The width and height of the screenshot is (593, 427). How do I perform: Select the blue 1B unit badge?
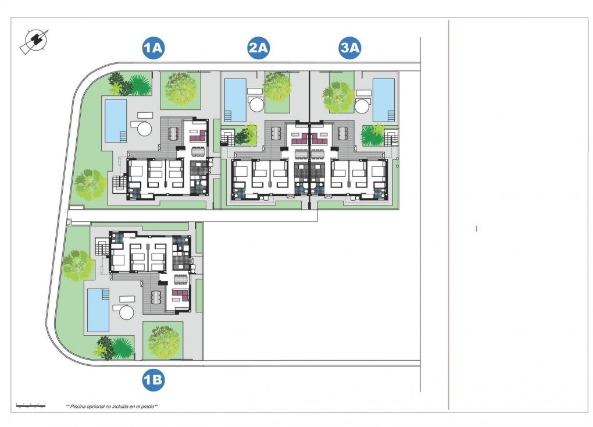pyautogui.click(x=153, y=380)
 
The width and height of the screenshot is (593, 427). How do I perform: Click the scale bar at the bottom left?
pyautogui.click(x=31, y=404)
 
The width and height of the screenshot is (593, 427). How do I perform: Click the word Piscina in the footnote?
pyautogui.click(x=80, y=406)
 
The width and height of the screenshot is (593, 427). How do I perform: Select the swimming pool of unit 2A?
pyautogui.click(x=235, y=100)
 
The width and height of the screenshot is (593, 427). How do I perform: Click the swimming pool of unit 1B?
pyautogui.click(x=98, y=309)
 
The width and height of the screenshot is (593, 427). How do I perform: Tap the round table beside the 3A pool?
pyautogui.click(x=362, y=106)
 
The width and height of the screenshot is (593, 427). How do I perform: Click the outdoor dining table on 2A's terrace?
pyautogui.click(x=275, y=134)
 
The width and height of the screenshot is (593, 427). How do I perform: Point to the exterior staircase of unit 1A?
pyautogui.click(x=119, y=185)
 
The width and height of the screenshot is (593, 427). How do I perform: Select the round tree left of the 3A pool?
pyautogui.click(x=338, y=97)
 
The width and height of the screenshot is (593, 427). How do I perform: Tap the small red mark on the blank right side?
pyautogui.click(x=476, y=229)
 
